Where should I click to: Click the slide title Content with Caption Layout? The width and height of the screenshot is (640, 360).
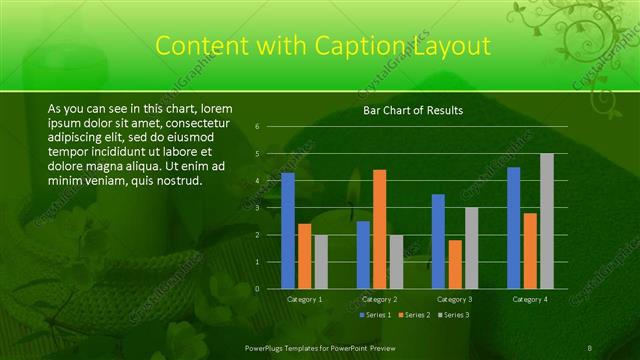(x=323, y=46)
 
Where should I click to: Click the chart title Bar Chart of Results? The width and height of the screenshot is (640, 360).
(x=412, y=111)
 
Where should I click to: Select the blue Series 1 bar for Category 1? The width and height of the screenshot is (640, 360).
(x=288, y=230)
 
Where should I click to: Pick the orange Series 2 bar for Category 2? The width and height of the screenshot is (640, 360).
(x=379, y=229)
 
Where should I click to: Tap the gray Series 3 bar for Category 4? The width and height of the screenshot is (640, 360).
(x=546, y=221)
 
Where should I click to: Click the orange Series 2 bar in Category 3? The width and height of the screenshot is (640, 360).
(x=455, y=264)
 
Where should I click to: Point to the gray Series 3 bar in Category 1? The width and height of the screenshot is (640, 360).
(x=320, y=261)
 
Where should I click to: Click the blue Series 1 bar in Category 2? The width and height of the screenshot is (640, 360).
(x=363, y=255)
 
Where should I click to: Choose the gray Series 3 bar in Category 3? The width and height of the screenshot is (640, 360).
(x=471, y=248)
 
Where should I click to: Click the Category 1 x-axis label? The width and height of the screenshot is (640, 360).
(x=304, y=299)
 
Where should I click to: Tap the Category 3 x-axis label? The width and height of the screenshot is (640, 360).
(x=455, y=299)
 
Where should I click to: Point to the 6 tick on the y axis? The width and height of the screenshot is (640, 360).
(x=257, y=127)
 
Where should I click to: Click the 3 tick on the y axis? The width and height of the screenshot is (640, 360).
(x=257, y=208)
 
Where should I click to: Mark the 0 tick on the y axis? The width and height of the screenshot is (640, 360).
(x=257, y=289)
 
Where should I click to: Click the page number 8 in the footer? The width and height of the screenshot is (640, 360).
(x=589, y=347)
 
